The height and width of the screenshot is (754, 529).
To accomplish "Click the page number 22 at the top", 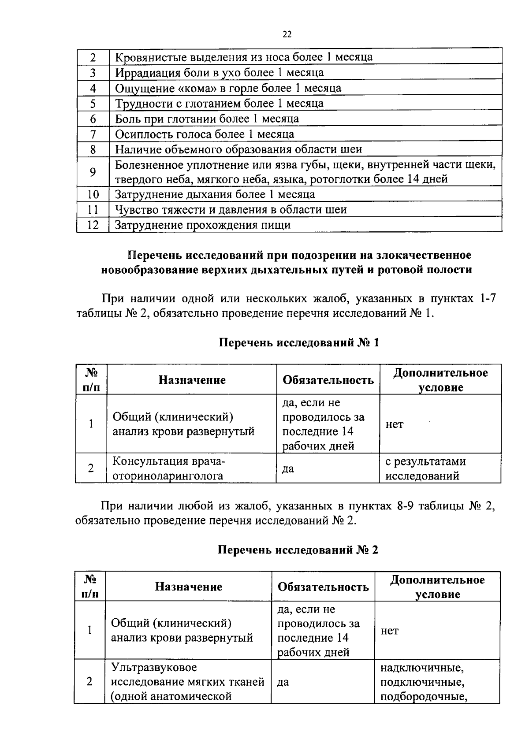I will pyautogui.click(x=287, y=35).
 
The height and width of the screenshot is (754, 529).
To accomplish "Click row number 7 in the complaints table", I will pyautogui.click(x=93, y=134).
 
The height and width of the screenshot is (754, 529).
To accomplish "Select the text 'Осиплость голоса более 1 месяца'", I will pyautogui.click(x=205, y=134).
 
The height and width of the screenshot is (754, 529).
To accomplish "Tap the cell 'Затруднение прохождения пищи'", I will pyautogui.click(x=203, y=225).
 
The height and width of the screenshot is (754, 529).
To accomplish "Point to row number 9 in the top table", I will pyautogui.click(x=93, y=172).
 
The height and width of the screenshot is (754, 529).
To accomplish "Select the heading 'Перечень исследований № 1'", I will pyautogui.click(x=299, y=343).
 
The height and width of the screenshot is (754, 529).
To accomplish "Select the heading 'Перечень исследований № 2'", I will pyautogui.click(x=298, y=550).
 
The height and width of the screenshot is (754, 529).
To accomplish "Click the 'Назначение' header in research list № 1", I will pyautogui.click(x=192, y=380).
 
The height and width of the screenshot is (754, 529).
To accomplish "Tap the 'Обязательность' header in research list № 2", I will pyautogui.click(x=323, y=587).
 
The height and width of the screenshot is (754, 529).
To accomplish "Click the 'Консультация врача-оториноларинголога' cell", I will pyautogui.click(x=169, y=468).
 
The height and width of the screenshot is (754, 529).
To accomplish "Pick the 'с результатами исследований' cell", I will pyautogui.click(x=425, y=468).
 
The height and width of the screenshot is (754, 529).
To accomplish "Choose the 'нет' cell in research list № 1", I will pyautogui.click(x=395, y=424).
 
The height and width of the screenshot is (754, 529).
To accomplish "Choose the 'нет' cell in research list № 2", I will pyautogui.click(x=390, y=631).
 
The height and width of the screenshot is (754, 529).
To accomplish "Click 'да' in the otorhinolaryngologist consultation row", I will pyautogui.click(x=288, y=469).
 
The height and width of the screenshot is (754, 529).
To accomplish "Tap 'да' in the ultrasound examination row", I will pyautogui.click(x=283, y=682).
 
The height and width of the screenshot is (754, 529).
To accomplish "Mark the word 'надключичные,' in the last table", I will pyautogui.click(x=422, y=668).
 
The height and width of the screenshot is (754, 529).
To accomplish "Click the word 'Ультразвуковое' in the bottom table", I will pyautogui.click(x=154, y=668).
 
